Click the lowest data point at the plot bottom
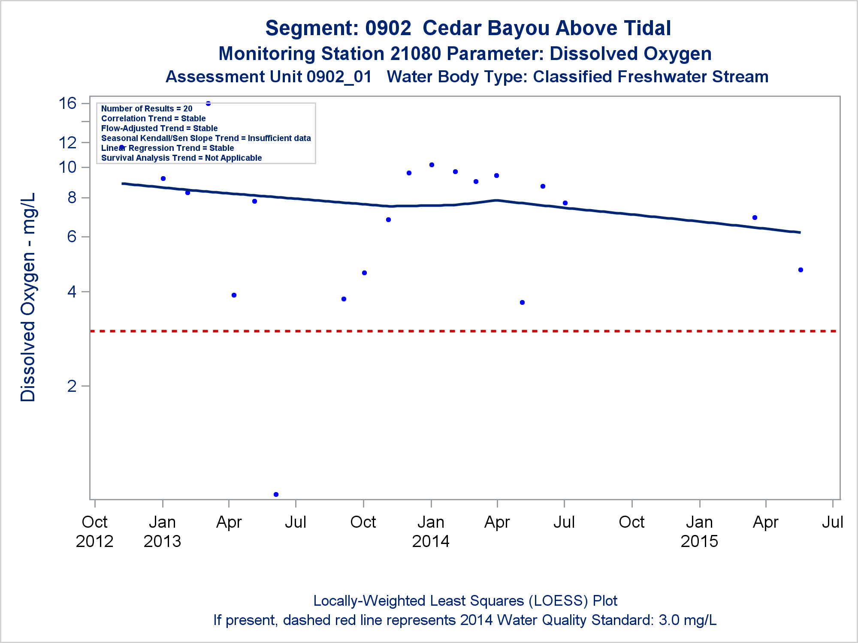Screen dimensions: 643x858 276,494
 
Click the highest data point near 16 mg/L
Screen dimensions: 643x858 208,103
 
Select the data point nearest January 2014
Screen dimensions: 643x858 432,165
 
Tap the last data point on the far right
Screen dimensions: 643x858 801,270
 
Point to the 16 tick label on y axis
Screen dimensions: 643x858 68,103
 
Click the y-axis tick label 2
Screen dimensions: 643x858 72,386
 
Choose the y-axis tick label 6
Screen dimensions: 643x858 72,237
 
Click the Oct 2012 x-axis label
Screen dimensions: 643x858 94,532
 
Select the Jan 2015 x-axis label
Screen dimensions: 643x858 699,532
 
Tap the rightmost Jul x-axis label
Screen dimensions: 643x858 832,522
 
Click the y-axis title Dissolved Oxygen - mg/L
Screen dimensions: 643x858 28,297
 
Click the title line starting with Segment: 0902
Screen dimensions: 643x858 468,28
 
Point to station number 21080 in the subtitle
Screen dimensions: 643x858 416,54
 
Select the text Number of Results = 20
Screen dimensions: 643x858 147,109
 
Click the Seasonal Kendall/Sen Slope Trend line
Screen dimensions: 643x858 206,138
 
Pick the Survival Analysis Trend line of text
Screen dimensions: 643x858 181,158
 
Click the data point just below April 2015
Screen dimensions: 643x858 755,217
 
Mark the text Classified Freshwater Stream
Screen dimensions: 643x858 650,77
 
